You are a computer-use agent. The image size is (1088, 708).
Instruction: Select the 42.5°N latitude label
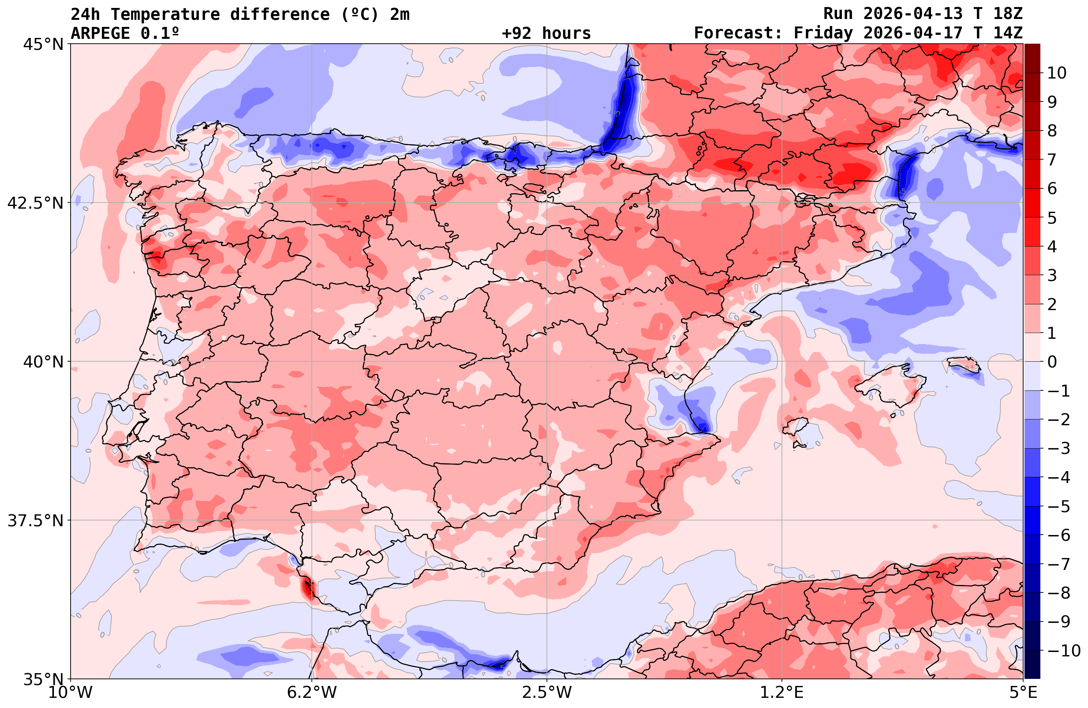click(x=35, y=203)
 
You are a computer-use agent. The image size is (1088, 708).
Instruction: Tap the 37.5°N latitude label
click(x=35, y=521)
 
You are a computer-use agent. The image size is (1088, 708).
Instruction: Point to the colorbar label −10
click(x=1063, y=650)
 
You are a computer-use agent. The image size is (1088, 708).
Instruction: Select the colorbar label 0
click(x=1052, y=362)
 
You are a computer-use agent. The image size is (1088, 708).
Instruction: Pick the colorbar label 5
click(x=1052, y=218)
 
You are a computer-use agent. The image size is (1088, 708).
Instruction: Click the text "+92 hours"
click(x=546, y=34)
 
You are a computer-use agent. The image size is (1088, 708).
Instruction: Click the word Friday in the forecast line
click(x=823, y=34)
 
